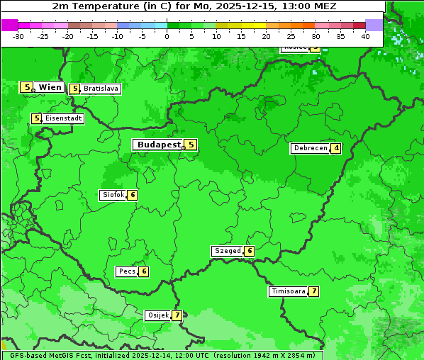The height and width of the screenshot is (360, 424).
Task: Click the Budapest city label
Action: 159,145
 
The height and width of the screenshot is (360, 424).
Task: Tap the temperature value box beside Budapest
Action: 190,145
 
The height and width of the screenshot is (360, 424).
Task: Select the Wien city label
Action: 50,87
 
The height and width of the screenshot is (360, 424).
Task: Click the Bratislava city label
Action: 100,89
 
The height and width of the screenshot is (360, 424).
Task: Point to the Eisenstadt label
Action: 63,118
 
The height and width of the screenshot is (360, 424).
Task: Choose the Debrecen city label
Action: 310,148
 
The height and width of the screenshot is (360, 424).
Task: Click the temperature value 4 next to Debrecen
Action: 335,148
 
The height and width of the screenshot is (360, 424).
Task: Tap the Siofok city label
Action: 113,195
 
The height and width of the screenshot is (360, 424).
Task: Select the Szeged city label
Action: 227,251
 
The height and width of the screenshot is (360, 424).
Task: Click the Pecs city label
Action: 127,271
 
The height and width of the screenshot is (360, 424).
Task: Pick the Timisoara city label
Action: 288,291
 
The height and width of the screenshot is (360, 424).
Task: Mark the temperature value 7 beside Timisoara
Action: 313,291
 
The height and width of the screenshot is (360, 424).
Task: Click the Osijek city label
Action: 157,315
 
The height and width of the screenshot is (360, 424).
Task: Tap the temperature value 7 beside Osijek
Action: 177,315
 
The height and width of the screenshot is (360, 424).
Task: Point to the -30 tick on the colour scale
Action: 18,35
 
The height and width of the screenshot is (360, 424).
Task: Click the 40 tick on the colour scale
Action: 365,35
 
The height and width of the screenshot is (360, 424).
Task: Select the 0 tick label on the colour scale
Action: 167,35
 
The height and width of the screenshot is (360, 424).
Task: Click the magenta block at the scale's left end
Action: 9,25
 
